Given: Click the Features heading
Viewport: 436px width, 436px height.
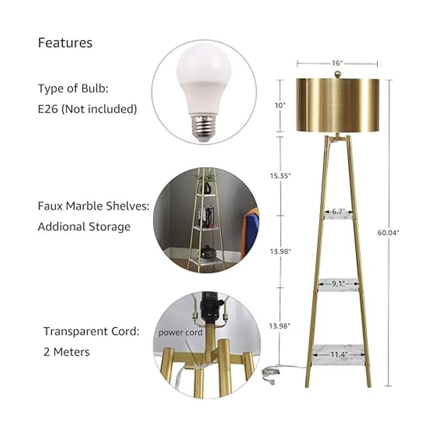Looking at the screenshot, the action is pyautogui.click(x=65, y=43).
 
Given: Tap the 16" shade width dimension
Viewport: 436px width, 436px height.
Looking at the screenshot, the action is pyautogui.click(x=337, y=63).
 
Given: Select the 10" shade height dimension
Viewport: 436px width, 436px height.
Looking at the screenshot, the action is pyautogui.click(x=280, y=105).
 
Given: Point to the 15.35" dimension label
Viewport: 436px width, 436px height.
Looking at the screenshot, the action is pyautogui.click(x=280, y=175).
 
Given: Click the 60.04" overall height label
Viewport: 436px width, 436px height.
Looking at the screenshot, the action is pyautogui.click(x=388, y=233).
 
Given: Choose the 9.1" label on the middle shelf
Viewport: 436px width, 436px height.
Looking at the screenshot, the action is pyautogui.click(x=339, y=283).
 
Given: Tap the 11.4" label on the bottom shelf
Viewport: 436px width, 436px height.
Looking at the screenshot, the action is pyautogui.click(x=339, y=354).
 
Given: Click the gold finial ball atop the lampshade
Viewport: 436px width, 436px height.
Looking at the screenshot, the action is pyautogui.click(x=338, y=74).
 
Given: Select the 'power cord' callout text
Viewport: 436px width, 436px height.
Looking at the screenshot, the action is pyautogui.click(x=180, y=332).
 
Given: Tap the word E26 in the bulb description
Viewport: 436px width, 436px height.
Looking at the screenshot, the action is pyautogui.click(x=48, y=109).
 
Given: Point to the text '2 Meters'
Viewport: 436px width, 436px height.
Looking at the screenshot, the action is pyautogui.click(x=66, y=352).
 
